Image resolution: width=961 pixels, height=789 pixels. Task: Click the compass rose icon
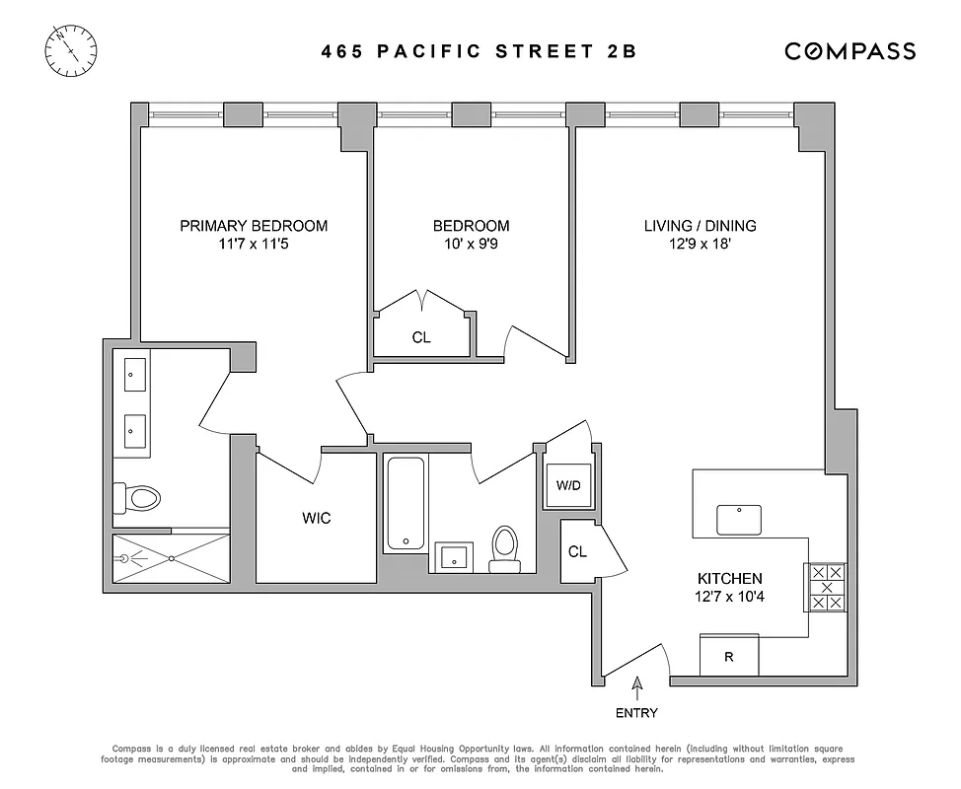coord(72,48)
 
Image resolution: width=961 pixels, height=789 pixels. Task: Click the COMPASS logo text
coord(850,51)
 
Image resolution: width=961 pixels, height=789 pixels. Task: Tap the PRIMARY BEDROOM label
coord(254,226)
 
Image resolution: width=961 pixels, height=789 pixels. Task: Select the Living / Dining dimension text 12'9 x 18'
coord(701,244)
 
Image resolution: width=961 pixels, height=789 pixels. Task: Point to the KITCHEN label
coord(729,579)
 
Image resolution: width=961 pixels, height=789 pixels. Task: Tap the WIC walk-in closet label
coord(317,518)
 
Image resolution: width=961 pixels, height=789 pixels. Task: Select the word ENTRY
coord(637,713)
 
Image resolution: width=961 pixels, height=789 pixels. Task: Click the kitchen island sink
coord(739,516)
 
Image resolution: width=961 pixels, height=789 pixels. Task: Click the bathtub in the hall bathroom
coord(403,503)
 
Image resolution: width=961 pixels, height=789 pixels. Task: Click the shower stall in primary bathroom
coord(172,559)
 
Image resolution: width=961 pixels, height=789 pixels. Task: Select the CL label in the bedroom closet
coord(421,337)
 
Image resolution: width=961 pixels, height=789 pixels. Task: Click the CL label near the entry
coord(577,552)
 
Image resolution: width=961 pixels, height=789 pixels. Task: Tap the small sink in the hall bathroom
coord(454,555)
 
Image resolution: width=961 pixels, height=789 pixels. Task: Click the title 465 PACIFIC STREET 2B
coord(479,51)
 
